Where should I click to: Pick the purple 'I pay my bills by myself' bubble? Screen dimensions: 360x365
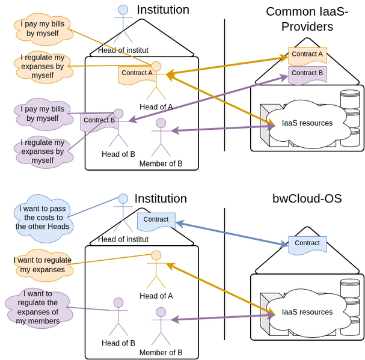(42, 114)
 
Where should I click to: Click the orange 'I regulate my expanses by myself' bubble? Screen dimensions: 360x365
(42, 66)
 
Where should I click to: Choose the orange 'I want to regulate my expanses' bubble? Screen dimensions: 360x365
(42, 265)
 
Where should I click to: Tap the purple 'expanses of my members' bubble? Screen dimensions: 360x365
(37, 307)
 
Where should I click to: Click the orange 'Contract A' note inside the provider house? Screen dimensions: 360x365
(307, 55)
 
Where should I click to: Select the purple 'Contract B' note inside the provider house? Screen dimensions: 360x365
(307, 73)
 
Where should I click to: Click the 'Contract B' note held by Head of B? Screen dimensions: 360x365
(99, 120)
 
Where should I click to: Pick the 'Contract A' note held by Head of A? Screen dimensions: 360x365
(136, 73)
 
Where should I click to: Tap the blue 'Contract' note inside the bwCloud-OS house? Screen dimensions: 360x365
(307, 243)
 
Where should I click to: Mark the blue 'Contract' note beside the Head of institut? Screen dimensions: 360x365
(156, 220)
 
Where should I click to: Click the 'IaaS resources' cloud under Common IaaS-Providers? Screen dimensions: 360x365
(307, 123)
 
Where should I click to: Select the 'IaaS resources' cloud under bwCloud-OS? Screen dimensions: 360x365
(307, 312)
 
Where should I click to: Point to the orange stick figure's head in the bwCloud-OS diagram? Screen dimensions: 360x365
(156, 255)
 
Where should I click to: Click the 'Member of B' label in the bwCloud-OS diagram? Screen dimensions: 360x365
(161, 353)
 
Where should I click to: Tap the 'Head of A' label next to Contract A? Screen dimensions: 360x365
(156, 107)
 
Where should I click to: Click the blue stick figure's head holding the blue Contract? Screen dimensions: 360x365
(123, 199)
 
